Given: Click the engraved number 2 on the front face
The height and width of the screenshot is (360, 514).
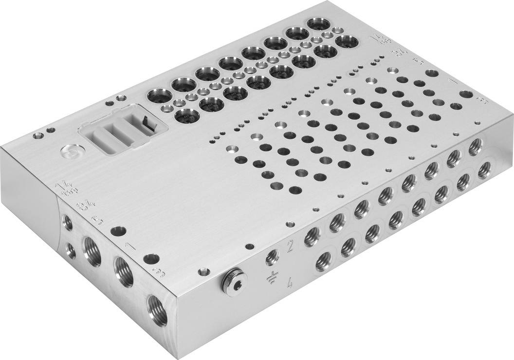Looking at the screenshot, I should tap(290, 246).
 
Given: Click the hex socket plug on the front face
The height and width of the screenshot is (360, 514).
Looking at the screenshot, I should tap(233, 279).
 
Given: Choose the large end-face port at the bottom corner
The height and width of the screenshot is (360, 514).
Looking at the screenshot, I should tap(156, 309).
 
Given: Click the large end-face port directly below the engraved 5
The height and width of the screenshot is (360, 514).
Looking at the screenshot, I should tap(92, 250).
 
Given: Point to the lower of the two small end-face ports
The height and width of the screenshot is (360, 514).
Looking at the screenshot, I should tap(71, 250).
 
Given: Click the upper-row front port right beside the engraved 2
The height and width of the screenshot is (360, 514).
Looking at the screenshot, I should tap(312, 236).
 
